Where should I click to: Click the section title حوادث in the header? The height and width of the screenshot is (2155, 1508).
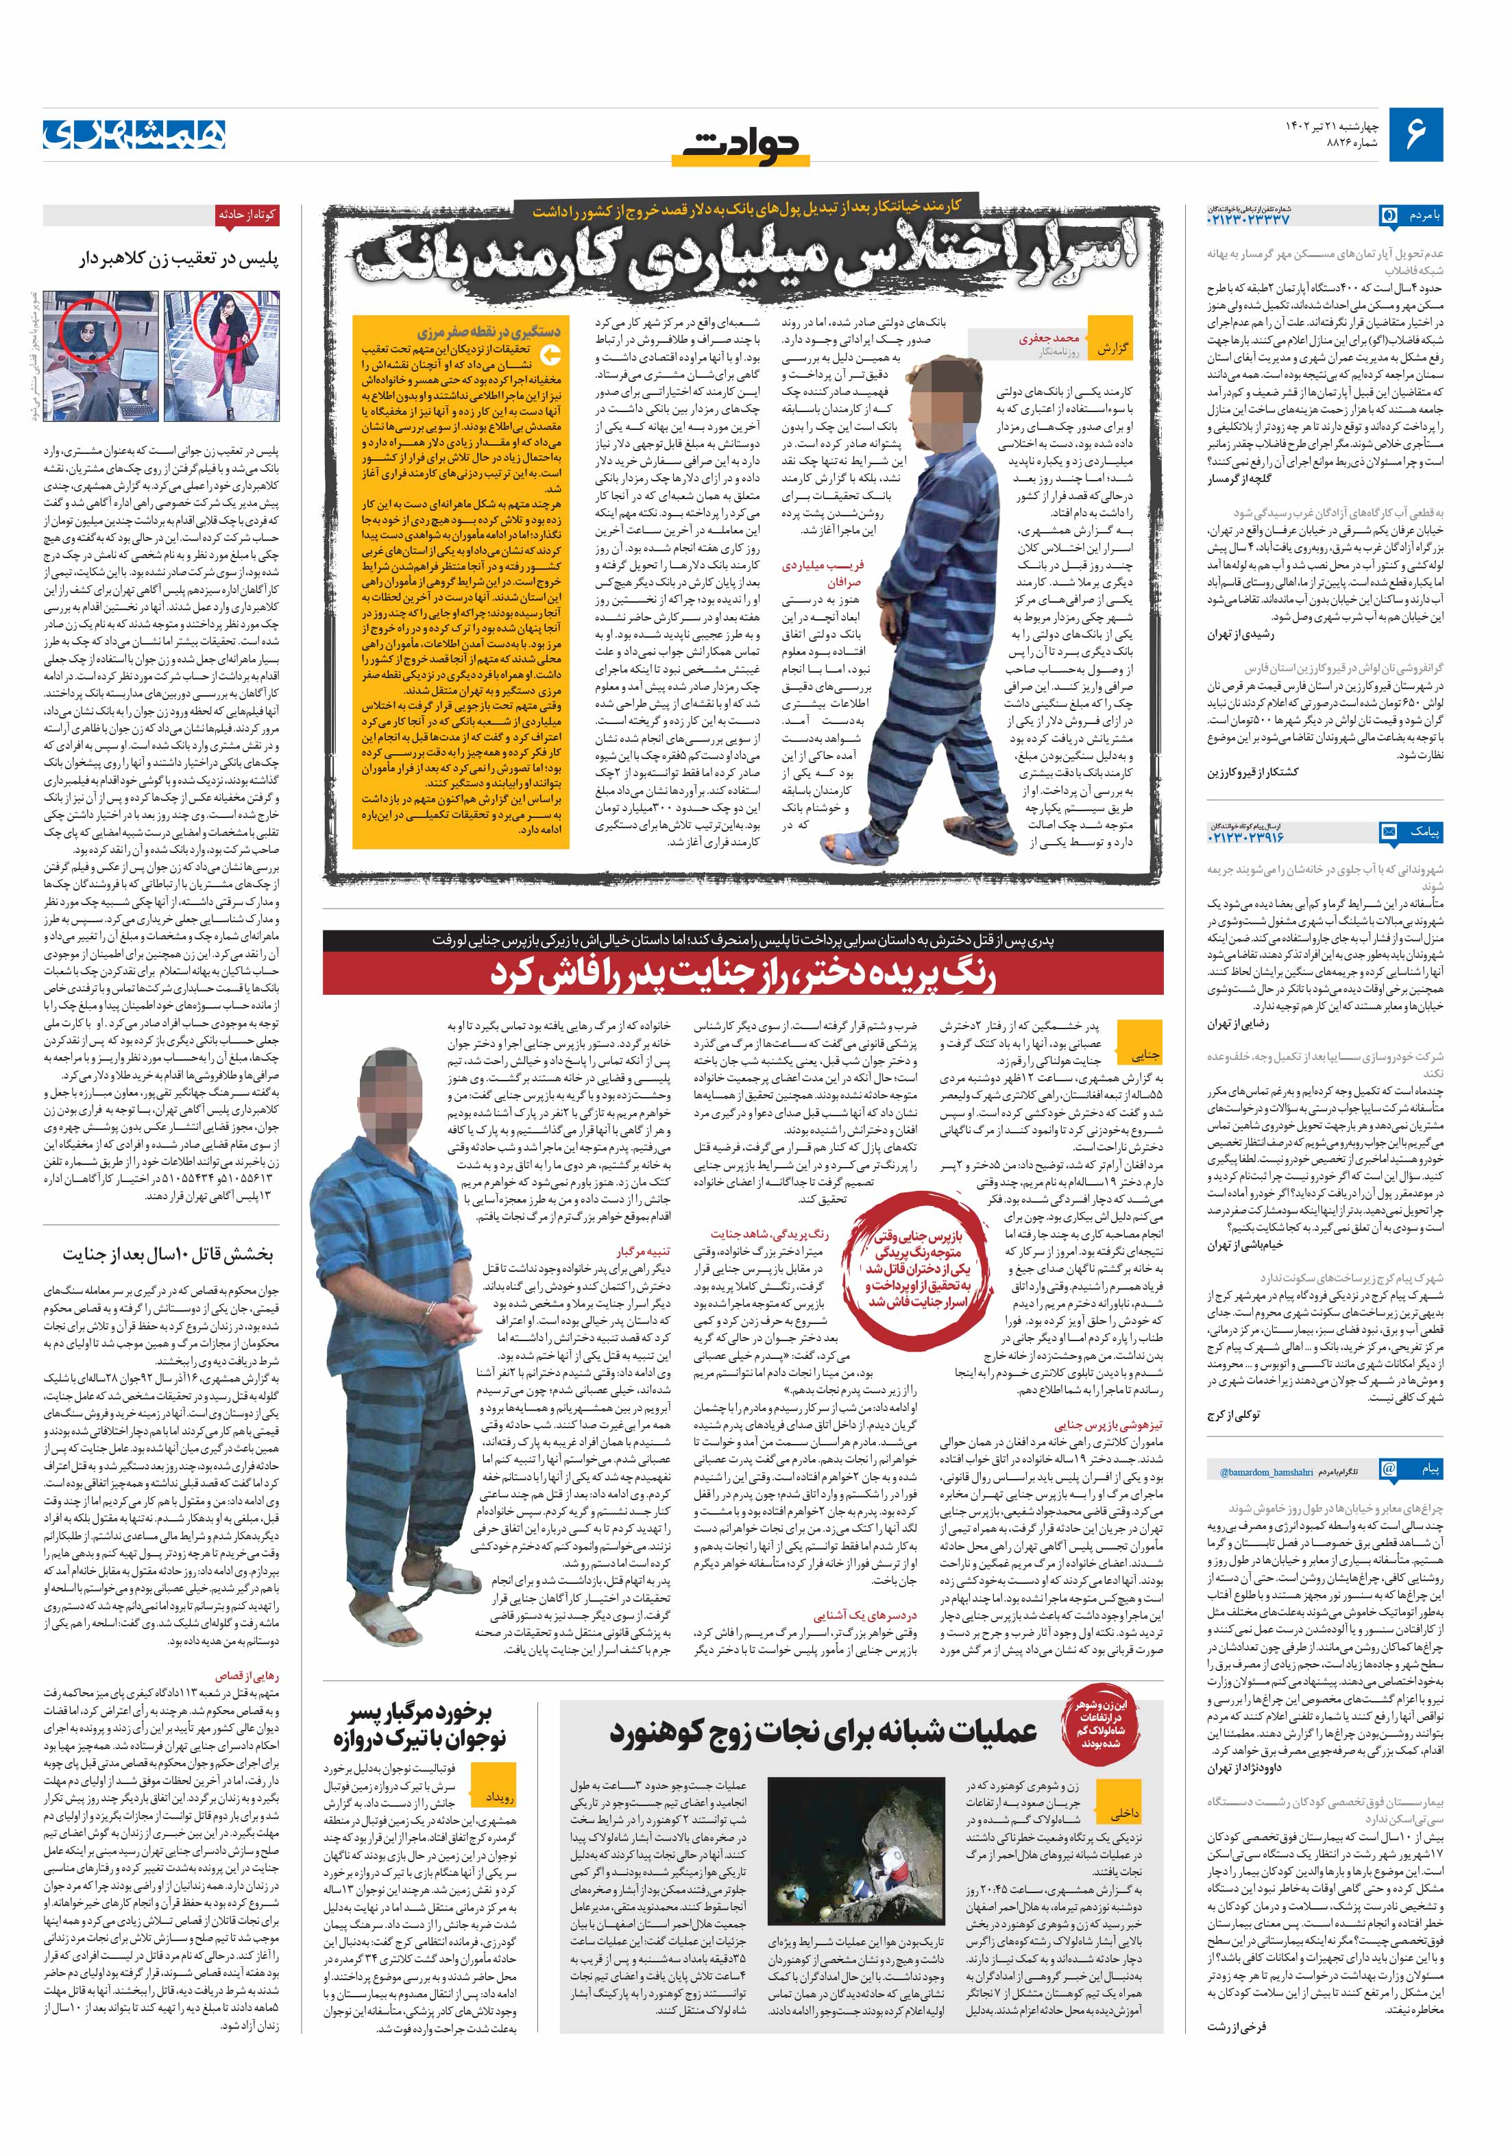(742, 145)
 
